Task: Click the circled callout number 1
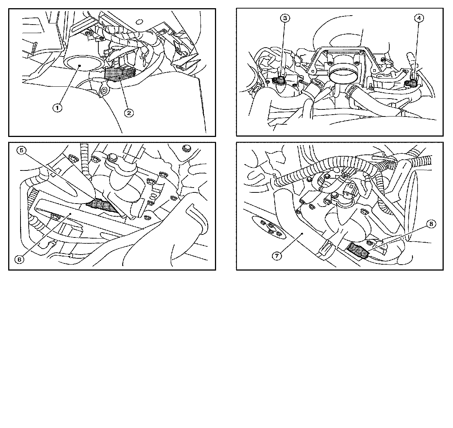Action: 57,108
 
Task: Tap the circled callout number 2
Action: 129,113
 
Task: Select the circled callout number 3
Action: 285,18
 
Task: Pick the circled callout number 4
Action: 419,18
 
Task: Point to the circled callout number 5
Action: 22,151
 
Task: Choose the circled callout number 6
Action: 19,259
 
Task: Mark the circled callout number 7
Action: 277,256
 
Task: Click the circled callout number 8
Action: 431,224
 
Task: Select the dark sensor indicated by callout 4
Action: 412,83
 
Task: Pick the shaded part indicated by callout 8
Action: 358,250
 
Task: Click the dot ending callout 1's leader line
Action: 79,66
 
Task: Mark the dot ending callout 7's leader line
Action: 302,233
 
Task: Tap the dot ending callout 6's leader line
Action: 70,214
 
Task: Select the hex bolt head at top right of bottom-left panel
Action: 186,148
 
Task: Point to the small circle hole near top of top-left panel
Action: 139,22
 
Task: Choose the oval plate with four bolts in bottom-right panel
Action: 269,228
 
